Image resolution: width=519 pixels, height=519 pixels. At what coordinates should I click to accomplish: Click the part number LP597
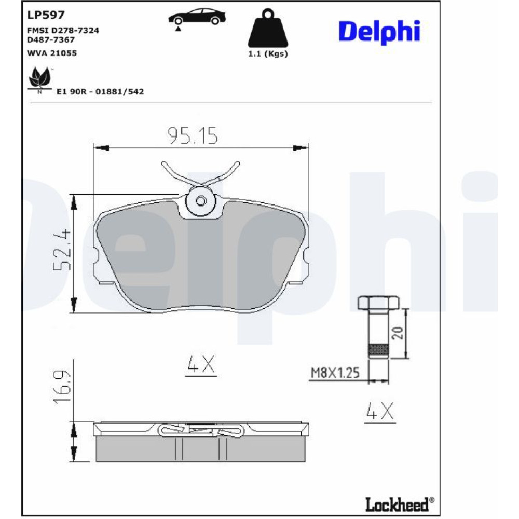pos(46,15)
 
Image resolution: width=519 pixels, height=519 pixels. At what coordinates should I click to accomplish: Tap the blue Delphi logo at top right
pos(379,32)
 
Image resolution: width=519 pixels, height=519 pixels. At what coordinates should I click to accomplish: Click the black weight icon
pos(268,28)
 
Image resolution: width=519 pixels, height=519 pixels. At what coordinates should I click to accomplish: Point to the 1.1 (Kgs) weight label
pos(268,54)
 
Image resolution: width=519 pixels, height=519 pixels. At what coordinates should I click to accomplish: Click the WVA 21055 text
pos(51,53)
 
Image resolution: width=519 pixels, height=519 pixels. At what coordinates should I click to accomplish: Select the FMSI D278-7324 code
pos(63,31)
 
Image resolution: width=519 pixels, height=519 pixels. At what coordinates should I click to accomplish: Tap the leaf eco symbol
pos(40,78)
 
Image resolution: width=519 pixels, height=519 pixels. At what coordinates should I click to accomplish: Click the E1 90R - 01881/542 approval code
pos(100,92)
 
